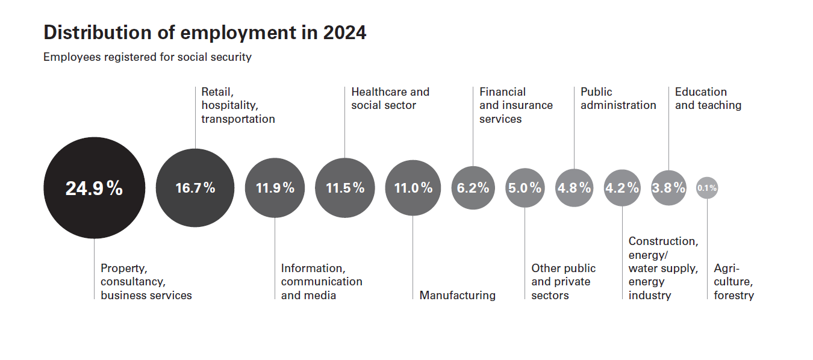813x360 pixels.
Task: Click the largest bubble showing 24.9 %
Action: click(x=94, y=188)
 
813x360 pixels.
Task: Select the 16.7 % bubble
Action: click(x=195, y=188)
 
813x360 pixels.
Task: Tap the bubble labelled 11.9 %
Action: click(x=275, y=188)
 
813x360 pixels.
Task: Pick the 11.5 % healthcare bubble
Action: click(x=345, y=188)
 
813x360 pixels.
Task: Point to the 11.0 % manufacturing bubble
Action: click(x=413, y=188)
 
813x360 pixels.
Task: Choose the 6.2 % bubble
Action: click(x=473, y=188)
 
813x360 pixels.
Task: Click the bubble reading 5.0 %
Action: click(x=525, y=188)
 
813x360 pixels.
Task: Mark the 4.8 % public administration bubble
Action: click(x=574, y=188)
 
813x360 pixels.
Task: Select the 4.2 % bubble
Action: click(x=622, y=188)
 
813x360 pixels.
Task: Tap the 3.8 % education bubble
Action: click(x=668, y=188)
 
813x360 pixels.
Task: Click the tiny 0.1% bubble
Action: click(x=707, y=188)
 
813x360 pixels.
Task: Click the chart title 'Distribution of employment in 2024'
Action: click(x=205, y=33)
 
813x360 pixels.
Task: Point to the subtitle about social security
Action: click(x=148, y=58)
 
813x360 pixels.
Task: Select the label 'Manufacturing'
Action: click(x=458, y=295)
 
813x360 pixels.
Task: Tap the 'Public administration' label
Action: click(x=618, y=99)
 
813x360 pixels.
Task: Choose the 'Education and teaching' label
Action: click(x=708, y=99)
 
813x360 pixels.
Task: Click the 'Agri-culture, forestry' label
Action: click(x=734, y=282)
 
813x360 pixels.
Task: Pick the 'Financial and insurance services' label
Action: click(x=516, y=105)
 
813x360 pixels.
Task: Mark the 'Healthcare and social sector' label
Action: click(x=390, y=99)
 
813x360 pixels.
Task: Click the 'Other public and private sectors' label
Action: click(x=563, y=282)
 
